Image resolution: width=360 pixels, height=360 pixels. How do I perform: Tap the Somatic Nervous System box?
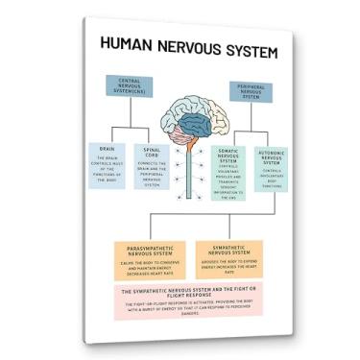tap(227, 173)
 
